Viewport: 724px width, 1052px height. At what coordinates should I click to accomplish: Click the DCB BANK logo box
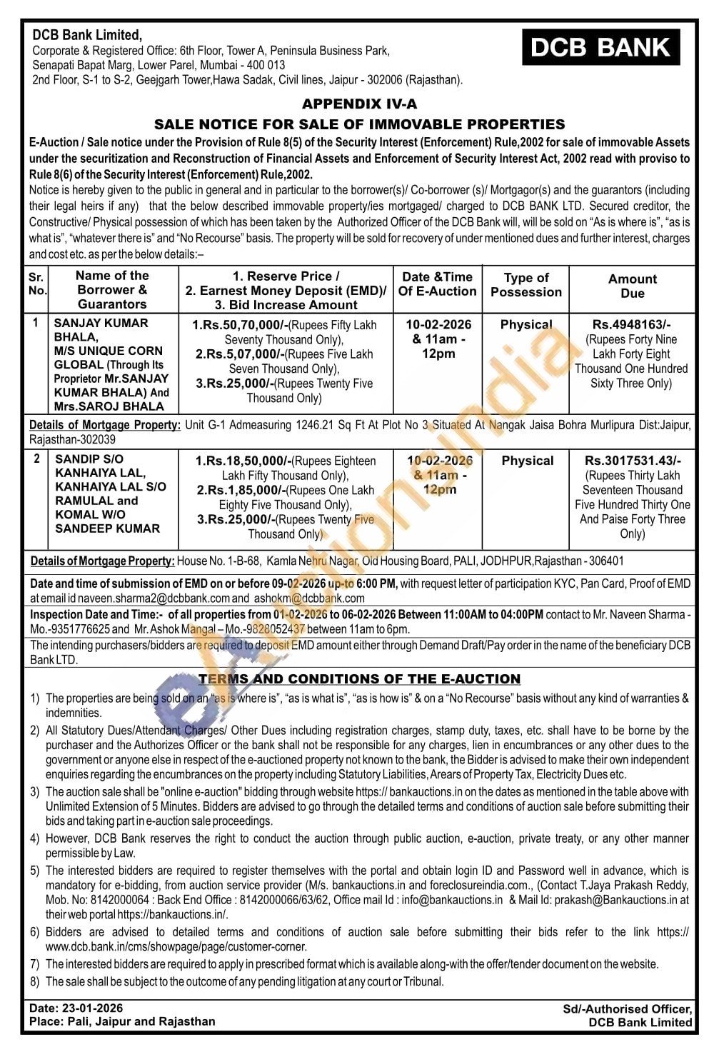[x=600, y=48]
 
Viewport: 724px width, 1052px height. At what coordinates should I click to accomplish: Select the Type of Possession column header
[x=526, y=285]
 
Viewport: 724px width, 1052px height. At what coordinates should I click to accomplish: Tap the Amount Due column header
[x=632, y=286]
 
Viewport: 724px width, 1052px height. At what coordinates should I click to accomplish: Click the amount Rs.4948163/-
[x=632, y=324]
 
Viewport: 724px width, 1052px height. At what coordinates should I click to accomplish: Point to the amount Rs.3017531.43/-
[x=633, y=461]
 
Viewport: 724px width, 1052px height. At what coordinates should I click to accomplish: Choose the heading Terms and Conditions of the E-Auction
[x=360, y=678]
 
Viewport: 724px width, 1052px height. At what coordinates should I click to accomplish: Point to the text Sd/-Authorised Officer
[x=627, y=1009]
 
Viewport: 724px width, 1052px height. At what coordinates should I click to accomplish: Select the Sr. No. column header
[x=36, y=284]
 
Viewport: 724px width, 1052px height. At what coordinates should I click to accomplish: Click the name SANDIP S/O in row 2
[x=89, y=459]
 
